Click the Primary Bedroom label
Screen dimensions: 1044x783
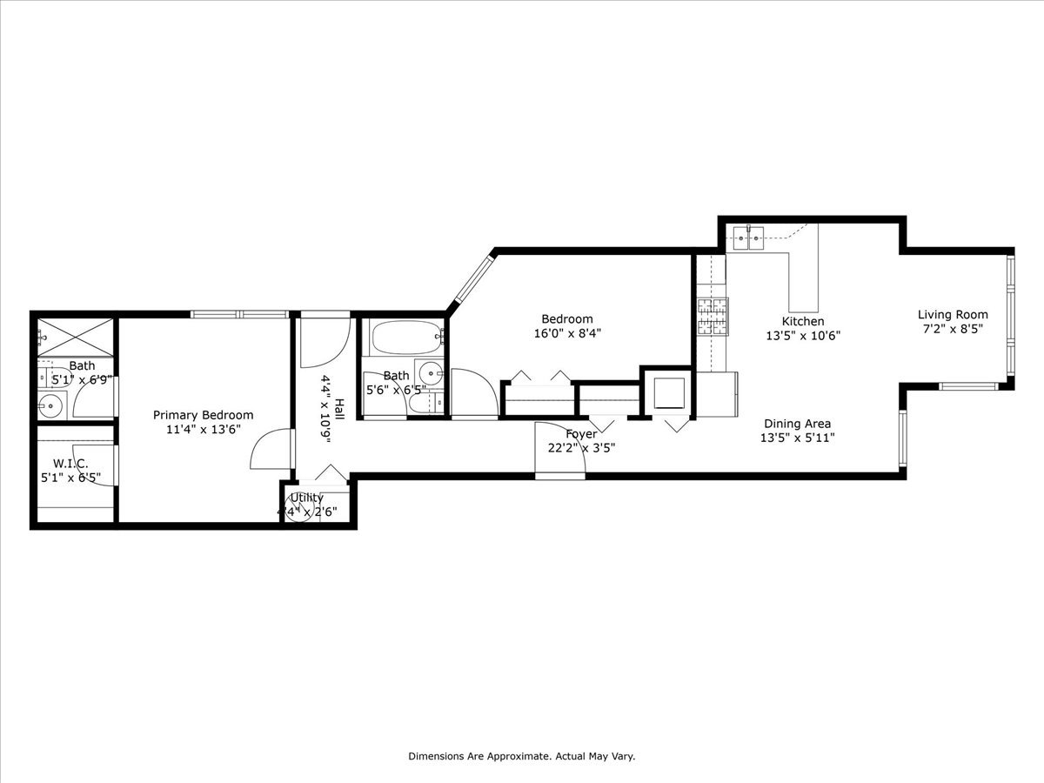[203, 415]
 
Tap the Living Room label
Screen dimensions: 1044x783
[953, 314]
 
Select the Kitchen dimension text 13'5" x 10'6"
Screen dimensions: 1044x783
[803, 336]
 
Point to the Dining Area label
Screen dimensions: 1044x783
[797, 424]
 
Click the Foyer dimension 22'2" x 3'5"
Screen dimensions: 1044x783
[581, 448]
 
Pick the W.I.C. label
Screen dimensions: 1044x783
[70, 463]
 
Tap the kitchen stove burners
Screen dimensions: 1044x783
[713, 316]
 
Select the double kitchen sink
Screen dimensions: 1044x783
[748, 238]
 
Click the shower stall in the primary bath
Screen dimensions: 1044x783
[76, 338]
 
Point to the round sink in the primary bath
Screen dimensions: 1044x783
[50, 406]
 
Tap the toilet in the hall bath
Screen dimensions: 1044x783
[425, 404]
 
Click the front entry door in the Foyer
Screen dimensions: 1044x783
[559, 449]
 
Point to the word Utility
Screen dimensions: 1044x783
[307, 498]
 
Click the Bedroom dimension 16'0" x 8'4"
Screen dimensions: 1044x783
[567, 333]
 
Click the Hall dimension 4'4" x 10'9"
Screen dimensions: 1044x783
[325, 409]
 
